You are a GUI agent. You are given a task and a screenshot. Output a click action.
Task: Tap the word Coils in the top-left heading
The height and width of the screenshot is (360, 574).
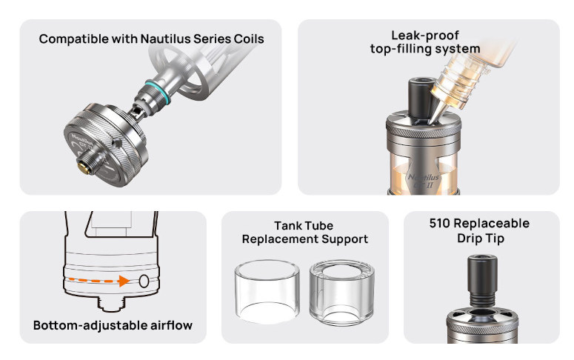coord(249,39)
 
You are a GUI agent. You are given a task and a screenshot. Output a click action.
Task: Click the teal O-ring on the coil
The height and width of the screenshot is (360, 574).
coord(158,91)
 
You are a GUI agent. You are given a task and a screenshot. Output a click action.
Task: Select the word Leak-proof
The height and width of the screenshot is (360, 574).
coord(425,36)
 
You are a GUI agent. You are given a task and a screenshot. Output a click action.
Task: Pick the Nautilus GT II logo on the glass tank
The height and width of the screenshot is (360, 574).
coord(424,181)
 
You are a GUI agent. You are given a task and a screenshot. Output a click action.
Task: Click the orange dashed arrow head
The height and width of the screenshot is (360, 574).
coord(124,281)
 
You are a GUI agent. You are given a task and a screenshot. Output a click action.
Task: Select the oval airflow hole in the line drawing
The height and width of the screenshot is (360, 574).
coord(144,281)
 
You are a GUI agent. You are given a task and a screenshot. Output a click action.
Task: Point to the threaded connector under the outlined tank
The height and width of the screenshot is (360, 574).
coord(110,303)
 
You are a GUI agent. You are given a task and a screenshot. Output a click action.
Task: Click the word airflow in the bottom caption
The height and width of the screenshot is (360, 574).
coord(172,325)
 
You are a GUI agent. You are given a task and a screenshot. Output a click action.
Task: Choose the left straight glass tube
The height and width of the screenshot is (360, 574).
coord(267,292)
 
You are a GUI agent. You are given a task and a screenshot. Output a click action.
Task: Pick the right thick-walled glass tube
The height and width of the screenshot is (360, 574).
coord(342,293)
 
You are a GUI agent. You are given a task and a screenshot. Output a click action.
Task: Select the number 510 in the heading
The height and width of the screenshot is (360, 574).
coord(440,224)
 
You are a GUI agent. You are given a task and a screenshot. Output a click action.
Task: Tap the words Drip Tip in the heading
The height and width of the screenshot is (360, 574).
coord(481,239)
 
